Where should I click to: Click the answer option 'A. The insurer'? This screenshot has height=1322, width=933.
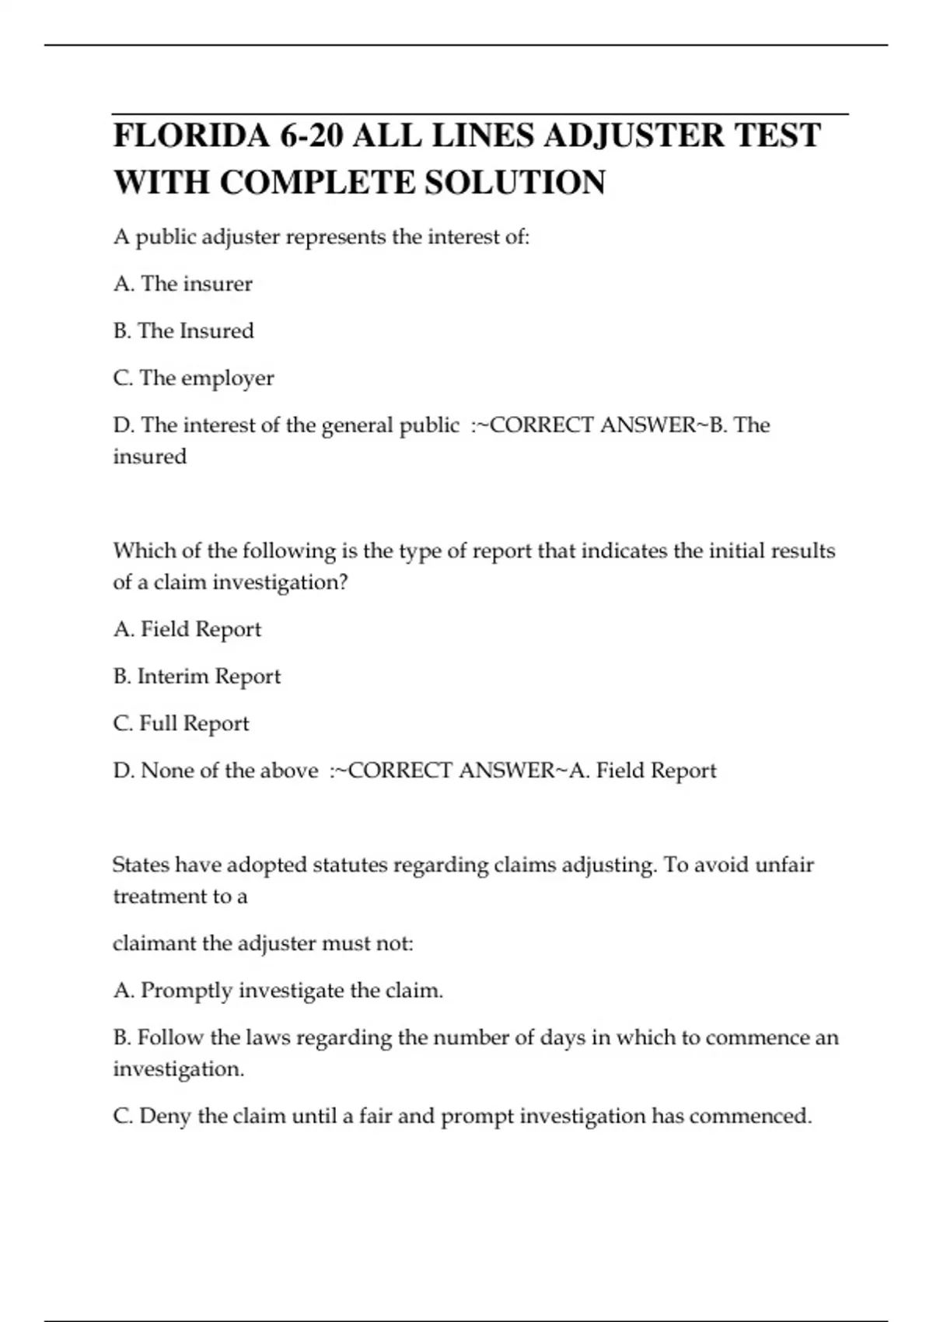click(183, 284)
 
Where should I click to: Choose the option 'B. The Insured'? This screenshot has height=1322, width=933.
click(183, 331)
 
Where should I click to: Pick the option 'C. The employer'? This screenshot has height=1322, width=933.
click(194, 379)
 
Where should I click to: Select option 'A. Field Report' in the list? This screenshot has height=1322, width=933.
click(187, 629)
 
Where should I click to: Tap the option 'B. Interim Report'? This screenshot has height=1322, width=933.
click(197, 677)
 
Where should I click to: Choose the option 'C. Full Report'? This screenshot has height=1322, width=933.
click(181, 724)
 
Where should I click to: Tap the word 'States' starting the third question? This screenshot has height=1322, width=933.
click(140, 865)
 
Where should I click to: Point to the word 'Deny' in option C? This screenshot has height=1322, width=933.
click(165, 1117)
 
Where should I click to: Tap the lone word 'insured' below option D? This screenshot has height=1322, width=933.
click(150, 456)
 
